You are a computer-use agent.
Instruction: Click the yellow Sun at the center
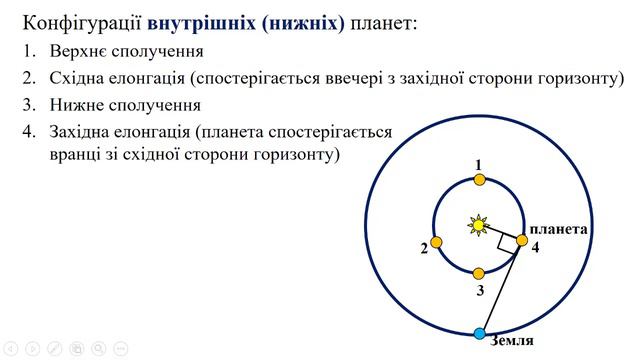click(x=478, y=225)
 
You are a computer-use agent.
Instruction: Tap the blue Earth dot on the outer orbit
click(x=479, y=333)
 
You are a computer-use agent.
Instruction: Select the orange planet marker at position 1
click(x=479, y=180)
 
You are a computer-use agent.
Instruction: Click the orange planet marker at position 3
click(x=479, y=273)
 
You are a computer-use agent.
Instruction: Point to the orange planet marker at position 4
click(x=520, y=240)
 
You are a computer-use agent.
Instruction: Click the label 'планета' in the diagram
click(x=557, y=229)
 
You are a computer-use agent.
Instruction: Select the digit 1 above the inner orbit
click(x=479, y=164)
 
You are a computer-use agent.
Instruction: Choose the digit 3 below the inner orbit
click(x=480, y=291)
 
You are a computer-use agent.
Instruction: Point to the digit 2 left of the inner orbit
click(x=424, y=248)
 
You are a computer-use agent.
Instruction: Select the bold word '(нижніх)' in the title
click(x=301, y=21)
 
